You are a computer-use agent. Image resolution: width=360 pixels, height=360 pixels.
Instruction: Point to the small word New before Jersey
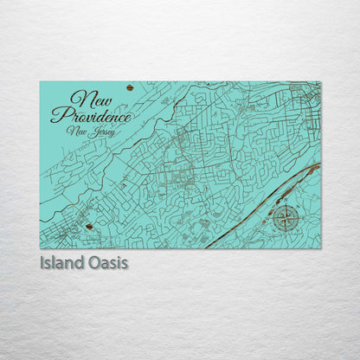[77, 130]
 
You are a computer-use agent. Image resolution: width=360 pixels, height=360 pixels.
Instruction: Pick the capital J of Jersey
[90, 132]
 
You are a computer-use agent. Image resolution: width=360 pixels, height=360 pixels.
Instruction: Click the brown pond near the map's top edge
[130, 87]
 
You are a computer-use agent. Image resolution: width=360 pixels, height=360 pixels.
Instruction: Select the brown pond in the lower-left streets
[89, 228]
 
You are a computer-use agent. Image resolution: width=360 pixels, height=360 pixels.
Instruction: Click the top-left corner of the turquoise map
[40, 82]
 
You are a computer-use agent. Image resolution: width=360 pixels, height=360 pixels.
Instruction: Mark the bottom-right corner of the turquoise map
[320, 248]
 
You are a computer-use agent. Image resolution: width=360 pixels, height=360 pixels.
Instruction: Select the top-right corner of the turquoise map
[320, 82]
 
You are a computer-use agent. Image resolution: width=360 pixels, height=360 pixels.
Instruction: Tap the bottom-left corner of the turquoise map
[40, 248]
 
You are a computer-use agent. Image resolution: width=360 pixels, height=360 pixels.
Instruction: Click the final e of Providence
[128, 116]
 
